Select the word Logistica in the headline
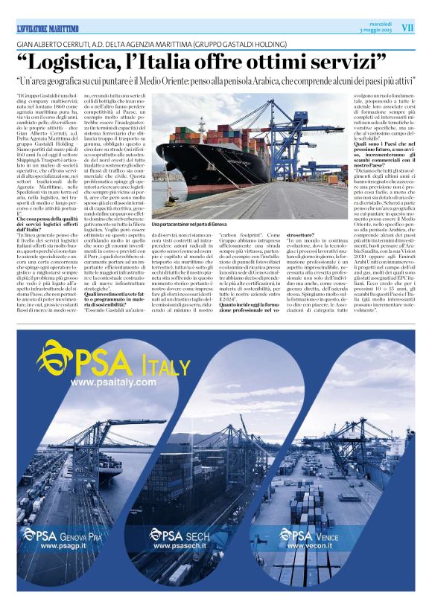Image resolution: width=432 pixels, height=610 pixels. pyautogui.click(x=83, y=62)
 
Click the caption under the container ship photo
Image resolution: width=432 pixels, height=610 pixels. pyautogui.click(x=188, y=224)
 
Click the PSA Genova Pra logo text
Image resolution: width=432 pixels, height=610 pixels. pyautogui.click(x=67, y=534)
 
